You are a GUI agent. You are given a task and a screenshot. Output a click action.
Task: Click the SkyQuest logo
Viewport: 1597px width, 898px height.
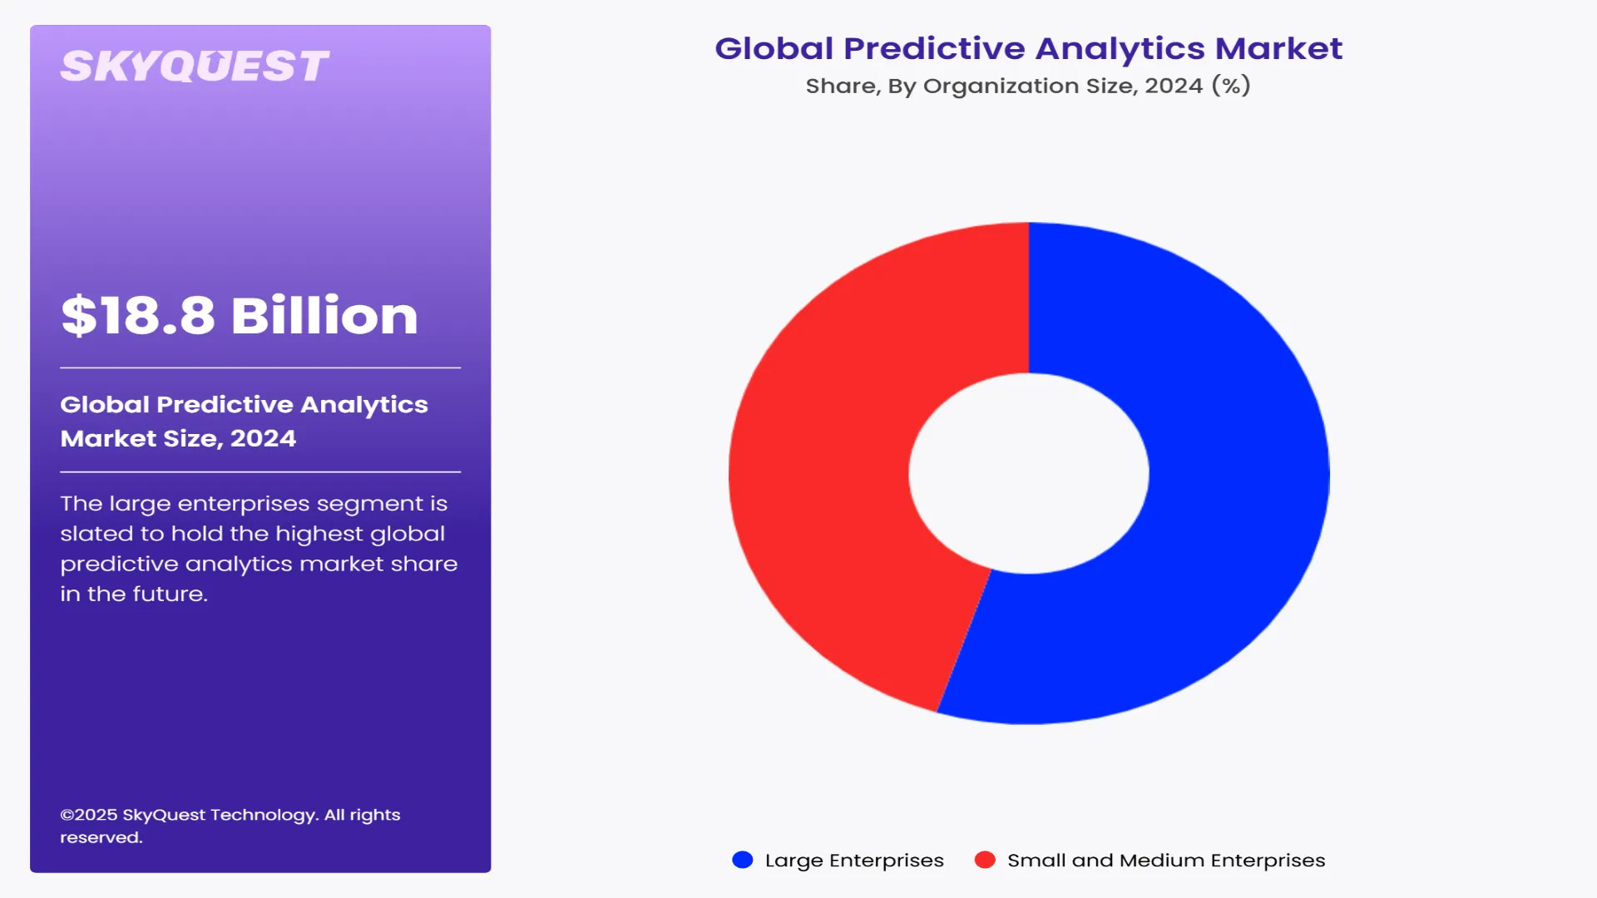[195, 66]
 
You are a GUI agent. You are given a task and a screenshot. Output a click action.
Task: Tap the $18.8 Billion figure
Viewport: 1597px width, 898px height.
[240, 316]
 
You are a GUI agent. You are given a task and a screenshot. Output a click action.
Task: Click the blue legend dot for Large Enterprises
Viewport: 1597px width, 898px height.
[742, 860]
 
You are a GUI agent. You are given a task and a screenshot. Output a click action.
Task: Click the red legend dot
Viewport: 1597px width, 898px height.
[985, 860]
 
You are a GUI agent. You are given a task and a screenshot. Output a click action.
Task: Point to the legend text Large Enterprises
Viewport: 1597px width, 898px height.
[854, 861]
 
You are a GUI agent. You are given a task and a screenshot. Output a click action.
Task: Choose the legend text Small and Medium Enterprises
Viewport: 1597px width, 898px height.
[1166, 861]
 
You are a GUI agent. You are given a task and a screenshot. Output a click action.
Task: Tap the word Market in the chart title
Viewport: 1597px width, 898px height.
[1279, 49]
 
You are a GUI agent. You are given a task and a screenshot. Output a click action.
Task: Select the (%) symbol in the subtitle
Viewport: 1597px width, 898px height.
[1231, 86]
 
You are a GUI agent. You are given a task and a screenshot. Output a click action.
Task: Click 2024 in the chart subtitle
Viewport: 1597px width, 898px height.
[1174, 86]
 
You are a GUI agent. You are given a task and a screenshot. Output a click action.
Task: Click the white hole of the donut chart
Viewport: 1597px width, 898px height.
[1029, 473]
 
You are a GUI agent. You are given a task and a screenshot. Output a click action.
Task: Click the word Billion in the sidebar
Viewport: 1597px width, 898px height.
[324, 316]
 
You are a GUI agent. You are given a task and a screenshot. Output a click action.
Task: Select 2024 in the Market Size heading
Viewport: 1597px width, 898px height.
[263, 438]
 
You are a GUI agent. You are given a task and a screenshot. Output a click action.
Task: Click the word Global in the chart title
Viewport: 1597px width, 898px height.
[774, 49]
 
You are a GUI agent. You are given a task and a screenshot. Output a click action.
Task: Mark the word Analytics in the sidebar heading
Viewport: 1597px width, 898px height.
[364, 404]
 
